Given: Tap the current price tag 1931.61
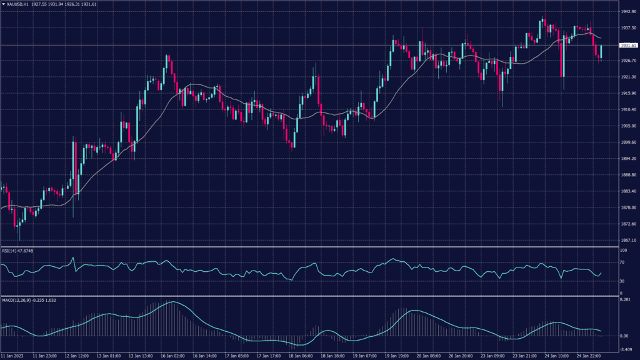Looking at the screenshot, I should coord(628,46).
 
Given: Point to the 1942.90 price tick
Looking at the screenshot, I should coord(628,12).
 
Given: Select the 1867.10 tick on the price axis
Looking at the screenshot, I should coord(628,240).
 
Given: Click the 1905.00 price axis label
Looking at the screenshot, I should coord(628,126).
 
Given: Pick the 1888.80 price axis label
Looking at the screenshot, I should coord(628,175).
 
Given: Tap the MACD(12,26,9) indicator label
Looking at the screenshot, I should coord(18,301).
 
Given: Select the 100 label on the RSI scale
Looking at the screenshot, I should coord(622,251).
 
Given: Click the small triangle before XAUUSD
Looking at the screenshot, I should coord(3,4).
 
